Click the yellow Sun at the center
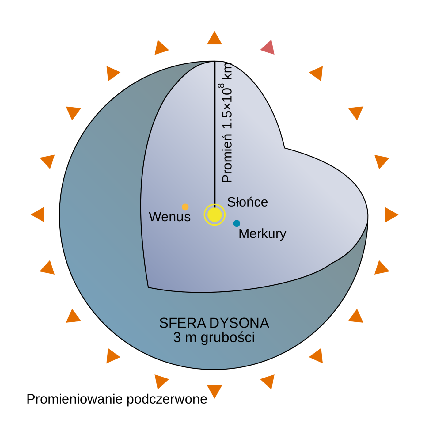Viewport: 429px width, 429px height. (214, 215)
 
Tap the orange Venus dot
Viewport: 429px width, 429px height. (185, 207)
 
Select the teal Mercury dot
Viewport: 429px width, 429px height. (237, 223)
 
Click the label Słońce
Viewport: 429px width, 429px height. (247, 202)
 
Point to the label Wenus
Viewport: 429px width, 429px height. (170, 217)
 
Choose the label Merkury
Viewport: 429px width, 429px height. (262, 234)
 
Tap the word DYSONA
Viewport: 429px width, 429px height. (239, 323)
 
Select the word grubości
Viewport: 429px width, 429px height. (228, 338)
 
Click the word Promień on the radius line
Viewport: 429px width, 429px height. (227, 158)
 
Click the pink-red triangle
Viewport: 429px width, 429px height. (268, 48)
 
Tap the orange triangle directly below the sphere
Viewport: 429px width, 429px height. (214, 391)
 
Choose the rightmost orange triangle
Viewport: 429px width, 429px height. (391, 214)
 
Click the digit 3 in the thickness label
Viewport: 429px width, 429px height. (177, 338)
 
